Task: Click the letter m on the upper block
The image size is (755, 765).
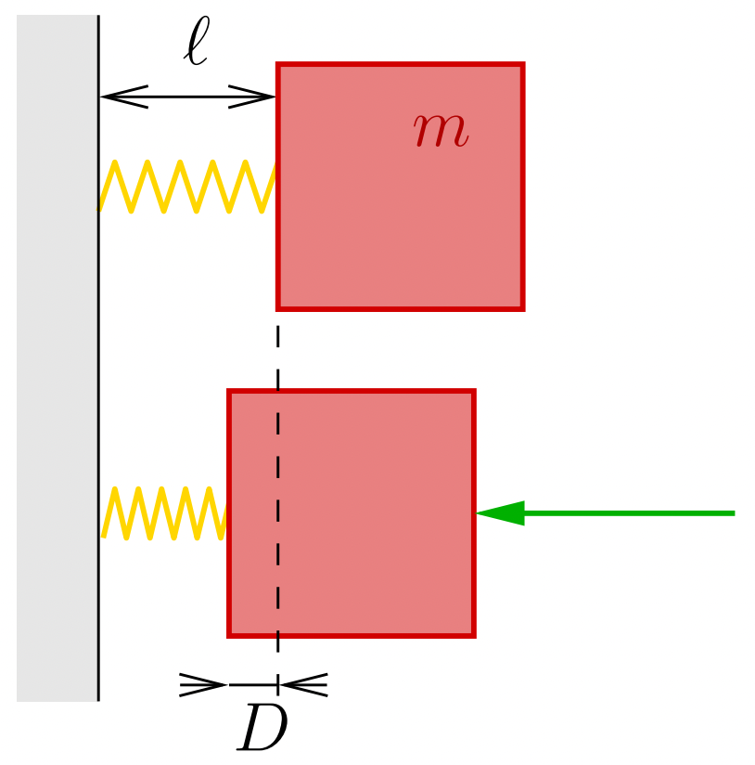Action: (441, 131)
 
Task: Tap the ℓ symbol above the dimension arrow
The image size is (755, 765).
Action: (196, 43)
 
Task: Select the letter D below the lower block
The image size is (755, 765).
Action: (262, 730)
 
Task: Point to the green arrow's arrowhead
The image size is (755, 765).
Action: (501, 512)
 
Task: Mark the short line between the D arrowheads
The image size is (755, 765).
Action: (252, 685)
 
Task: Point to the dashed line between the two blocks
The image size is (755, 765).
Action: (277, 349)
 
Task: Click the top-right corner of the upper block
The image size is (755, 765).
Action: (522, 65)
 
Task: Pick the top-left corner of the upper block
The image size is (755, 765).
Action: (278, 65)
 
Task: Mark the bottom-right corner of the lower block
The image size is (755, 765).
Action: (473, 635)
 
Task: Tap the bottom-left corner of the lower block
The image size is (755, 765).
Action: (230, 635)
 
